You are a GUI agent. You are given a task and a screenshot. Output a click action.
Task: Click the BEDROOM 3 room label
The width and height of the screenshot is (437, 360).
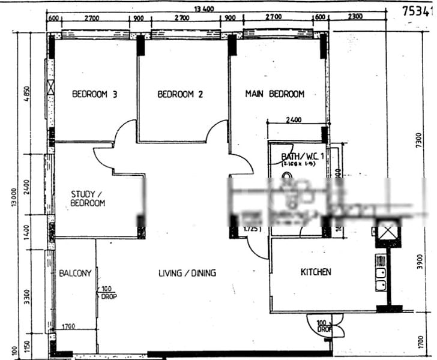[x=94, y=94]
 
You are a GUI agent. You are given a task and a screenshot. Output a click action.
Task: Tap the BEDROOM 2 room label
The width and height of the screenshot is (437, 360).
[x=180, y=94]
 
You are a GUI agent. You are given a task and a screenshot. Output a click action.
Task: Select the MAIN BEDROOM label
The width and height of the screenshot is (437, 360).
[x=274, y=94]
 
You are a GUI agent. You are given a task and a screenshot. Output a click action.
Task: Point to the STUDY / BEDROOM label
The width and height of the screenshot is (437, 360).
[x=88, y=199]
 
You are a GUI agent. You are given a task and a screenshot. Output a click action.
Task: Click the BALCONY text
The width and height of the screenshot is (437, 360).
[x=75, y=273]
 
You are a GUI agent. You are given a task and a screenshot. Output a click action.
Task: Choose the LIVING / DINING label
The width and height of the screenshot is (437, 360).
[x=187, y=273]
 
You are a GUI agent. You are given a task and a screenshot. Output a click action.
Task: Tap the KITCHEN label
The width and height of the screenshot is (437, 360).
[x=316, y=272]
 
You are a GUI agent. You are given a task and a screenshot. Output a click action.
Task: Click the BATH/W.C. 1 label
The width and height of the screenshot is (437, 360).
[x=302, y=158]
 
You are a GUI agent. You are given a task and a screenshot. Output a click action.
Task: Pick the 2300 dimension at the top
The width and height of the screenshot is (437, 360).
[x=354, y=17]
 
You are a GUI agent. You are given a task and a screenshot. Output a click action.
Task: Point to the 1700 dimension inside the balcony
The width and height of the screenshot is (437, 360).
[x=68, y=327]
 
